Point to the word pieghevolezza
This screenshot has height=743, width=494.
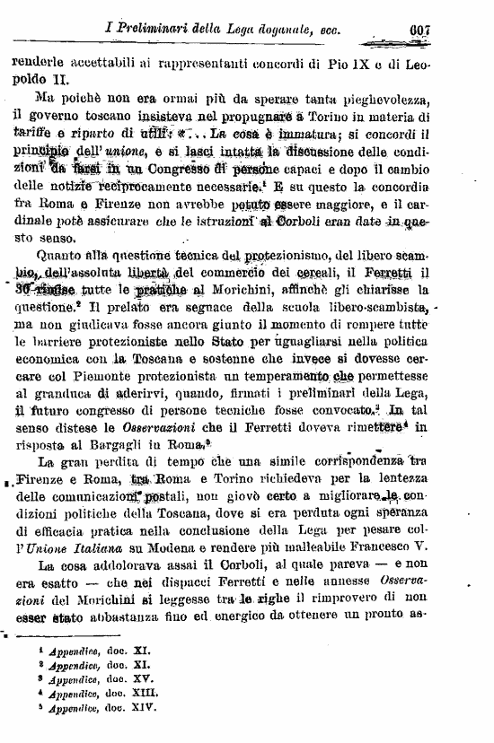[x=384, y=98]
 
